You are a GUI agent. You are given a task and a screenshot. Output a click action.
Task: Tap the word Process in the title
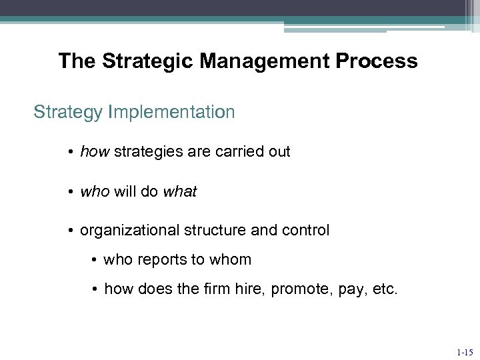pos(377,62)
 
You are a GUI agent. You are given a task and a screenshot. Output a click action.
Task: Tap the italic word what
pos(180,192)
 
